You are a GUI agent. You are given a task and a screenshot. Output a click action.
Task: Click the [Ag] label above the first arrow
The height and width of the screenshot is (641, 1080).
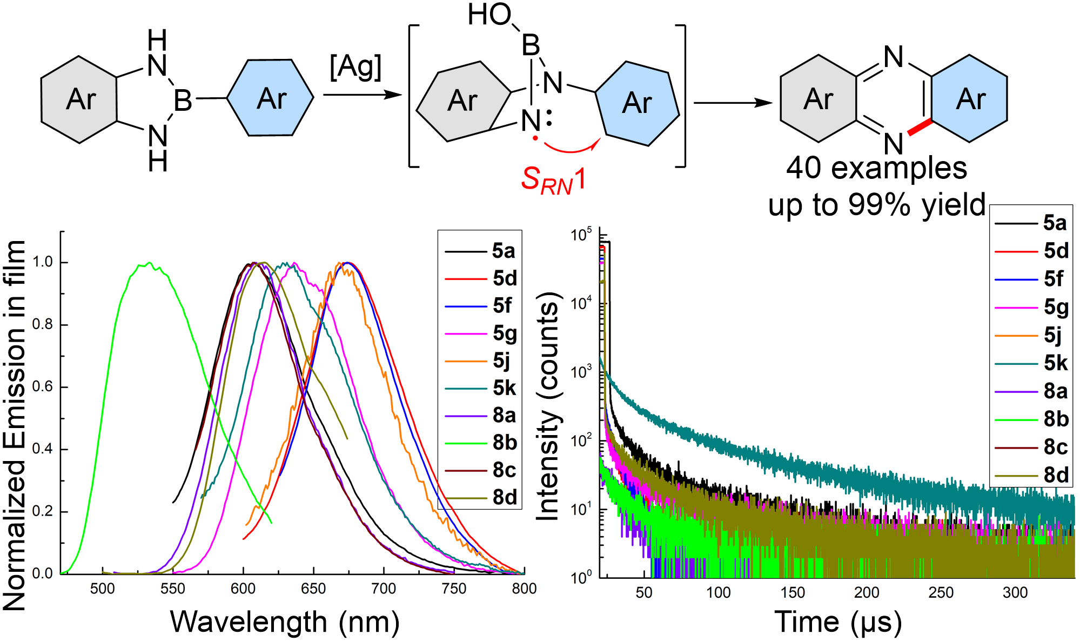click(355, 68)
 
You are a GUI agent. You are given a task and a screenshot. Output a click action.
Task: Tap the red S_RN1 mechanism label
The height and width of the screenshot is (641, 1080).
click(553, 179)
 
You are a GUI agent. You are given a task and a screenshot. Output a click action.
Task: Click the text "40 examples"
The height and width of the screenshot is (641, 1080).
click(876, 168)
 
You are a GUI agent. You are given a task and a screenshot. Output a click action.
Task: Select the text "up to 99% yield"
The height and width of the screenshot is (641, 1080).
click(876, 205)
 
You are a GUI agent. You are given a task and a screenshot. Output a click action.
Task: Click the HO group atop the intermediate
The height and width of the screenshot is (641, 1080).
click(489, 15)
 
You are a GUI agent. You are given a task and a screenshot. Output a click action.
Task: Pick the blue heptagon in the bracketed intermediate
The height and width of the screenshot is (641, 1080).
click(637, 103)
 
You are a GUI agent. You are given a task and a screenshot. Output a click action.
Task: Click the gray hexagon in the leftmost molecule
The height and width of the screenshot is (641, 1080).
click(79, 99)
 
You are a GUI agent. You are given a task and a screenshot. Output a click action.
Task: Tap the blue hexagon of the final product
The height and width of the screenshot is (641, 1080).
click(969, 99)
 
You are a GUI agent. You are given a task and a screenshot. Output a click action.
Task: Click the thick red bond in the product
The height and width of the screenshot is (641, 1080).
click(920, 127)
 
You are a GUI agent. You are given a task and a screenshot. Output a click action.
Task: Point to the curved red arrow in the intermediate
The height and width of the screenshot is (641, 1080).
click(572, 148)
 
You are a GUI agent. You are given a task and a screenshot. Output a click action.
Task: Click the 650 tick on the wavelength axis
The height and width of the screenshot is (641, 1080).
click(313, 589)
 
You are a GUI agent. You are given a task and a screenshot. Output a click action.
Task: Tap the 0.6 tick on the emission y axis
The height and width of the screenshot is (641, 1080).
click(43, 387)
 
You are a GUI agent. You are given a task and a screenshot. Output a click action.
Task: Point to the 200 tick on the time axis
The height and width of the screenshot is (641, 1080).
click(867, 592)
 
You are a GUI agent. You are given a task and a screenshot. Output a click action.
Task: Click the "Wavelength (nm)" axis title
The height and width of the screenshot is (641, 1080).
click(285, 622)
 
